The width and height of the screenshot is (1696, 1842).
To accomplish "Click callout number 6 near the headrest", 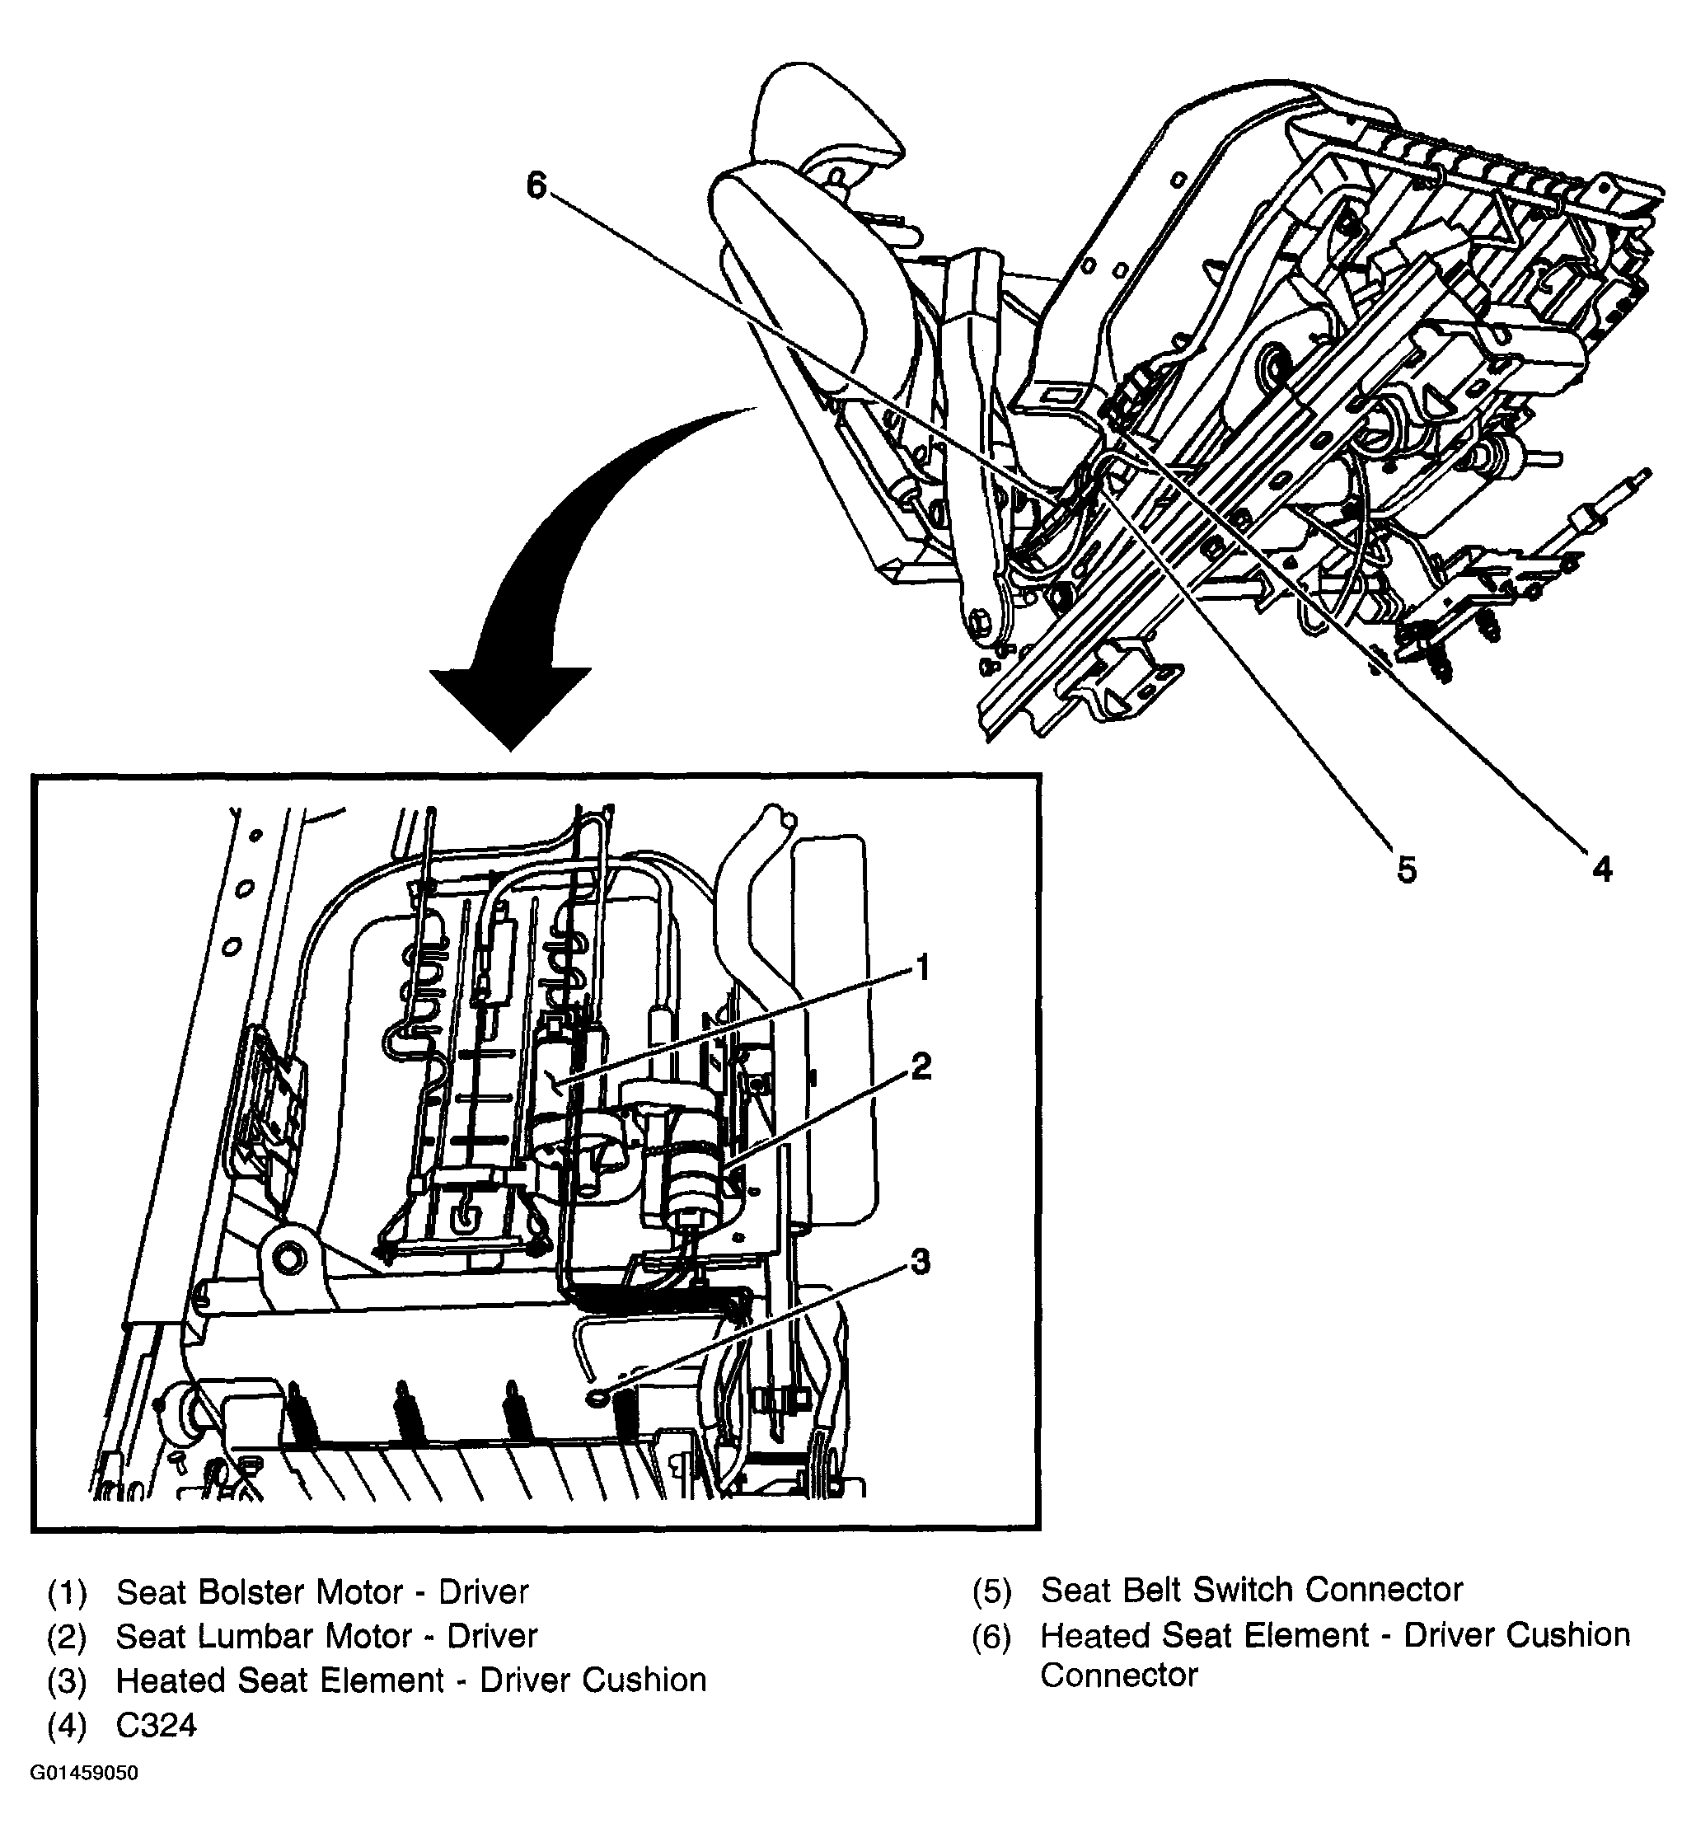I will (536, 187).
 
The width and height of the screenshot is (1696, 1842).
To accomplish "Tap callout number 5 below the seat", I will (1407, 868).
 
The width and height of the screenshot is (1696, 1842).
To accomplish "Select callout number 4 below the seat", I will (1601, 868).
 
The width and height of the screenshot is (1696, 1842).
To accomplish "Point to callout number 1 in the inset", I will (922, 968).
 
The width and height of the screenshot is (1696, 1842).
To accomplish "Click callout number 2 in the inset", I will (921, 1066).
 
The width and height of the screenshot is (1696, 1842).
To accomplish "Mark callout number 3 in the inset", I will (920, 1262).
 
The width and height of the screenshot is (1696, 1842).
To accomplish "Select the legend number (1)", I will (66, 1592).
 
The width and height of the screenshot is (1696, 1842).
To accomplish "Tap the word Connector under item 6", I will (1119, 1675).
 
